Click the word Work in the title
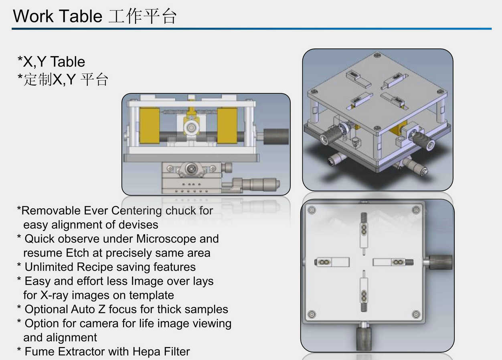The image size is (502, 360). (x=33, y=16)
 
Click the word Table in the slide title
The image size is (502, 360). (x=81, y=16)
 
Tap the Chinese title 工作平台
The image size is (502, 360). (x=142, y=16)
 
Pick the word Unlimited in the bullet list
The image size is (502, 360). (x=49, y=267)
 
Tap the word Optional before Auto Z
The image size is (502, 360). (x=47, y=309)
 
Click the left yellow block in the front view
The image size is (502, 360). (x=150, y=125)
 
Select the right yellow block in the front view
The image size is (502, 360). (x=227, y=125)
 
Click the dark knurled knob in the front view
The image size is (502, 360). (x=275, y=136)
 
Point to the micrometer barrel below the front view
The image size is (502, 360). (x=258, y=184)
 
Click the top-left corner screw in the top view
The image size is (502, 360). (x=312, y=210)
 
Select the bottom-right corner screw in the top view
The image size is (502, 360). (x=416, y=314)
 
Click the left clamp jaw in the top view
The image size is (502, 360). (x=332, y=262)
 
